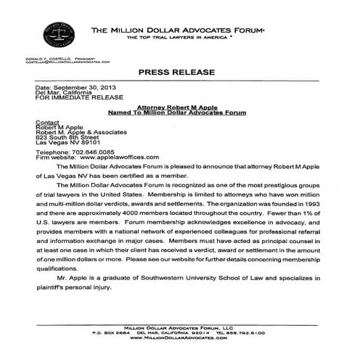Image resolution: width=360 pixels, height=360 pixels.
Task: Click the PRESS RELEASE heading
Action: [x=179, y=74]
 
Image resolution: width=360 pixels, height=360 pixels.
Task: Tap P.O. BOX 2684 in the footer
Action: [x=114, y=333]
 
